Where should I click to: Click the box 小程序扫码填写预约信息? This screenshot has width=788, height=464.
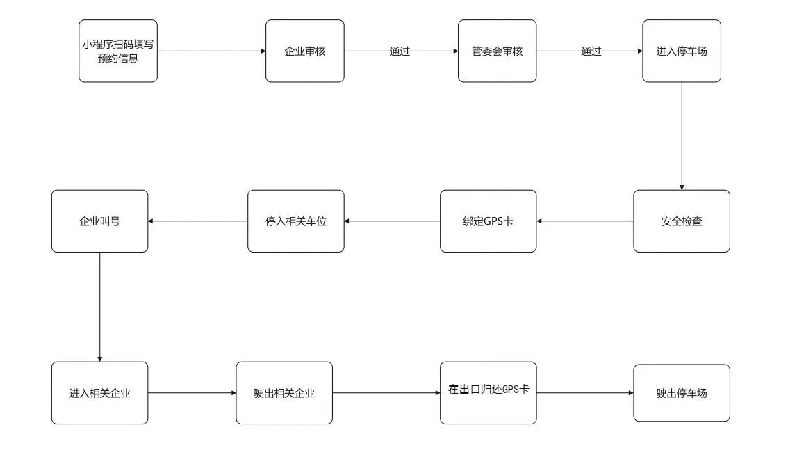118,51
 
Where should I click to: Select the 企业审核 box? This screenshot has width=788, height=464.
305,51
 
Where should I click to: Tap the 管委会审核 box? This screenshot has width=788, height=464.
497,51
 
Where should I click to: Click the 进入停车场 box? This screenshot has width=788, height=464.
682,51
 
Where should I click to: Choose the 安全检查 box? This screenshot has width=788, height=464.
682,221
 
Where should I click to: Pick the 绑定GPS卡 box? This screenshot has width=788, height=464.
488,221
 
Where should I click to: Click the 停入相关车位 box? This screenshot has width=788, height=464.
296,221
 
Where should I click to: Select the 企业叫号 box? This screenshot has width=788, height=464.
99,221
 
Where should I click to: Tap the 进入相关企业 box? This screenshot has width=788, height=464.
99,392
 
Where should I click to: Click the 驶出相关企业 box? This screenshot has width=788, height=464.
284,392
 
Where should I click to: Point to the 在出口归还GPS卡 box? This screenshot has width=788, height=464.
488,392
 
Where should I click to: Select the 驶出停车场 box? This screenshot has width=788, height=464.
682,392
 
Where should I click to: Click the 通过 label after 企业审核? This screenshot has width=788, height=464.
400,51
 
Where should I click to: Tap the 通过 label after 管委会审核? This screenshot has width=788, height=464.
591,51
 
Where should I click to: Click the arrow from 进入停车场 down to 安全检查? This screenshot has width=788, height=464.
682,136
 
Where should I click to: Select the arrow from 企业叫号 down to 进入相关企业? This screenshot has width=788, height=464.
99,307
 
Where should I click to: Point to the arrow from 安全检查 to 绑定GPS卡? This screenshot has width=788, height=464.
585,221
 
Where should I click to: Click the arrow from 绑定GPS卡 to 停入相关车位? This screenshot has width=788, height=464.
392,221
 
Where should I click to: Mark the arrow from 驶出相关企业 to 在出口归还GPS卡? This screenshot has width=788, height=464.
386,392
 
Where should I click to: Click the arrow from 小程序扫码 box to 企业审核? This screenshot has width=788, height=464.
211,51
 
